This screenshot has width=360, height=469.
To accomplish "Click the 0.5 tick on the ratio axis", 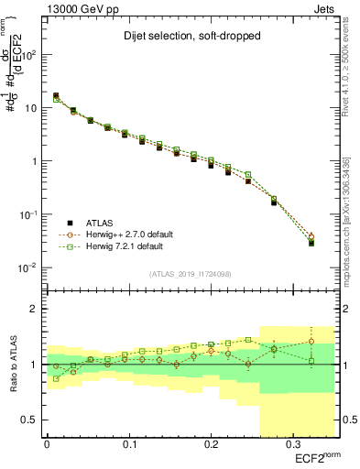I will (33, 420).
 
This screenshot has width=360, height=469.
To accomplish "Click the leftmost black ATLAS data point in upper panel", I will (57, 95).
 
